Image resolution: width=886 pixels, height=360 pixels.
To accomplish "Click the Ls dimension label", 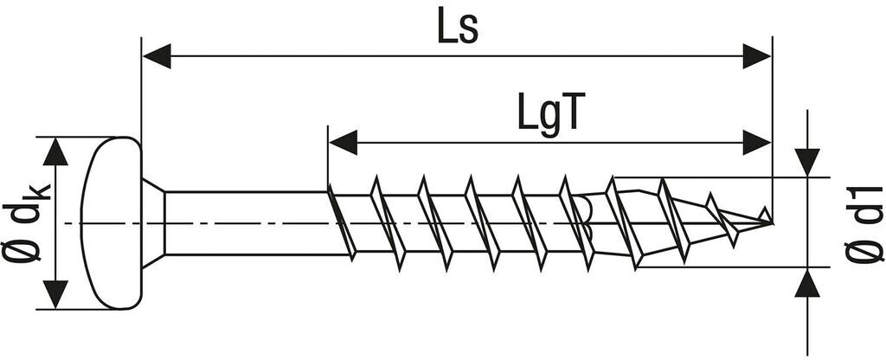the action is tap(456, 29).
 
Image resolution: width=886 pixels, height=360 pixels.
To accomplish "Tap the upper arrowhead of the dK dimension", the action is tap(55, 152).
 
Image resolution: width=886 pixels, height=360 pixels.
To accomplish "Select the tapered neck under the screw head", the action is tap(152, 222).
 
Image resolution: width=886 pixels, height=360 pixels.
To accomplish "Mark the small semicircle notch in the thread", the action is tap(584, 209).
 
